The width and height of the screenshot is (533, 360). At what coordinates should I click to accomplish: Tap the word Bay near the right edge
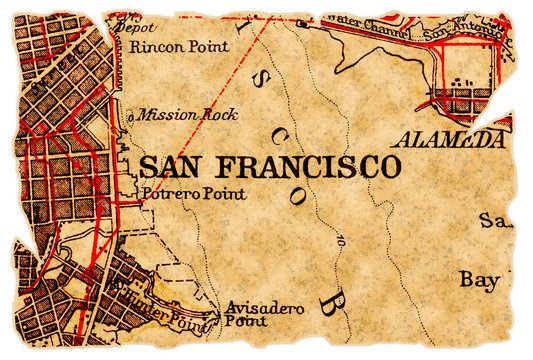coord(479,281)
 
